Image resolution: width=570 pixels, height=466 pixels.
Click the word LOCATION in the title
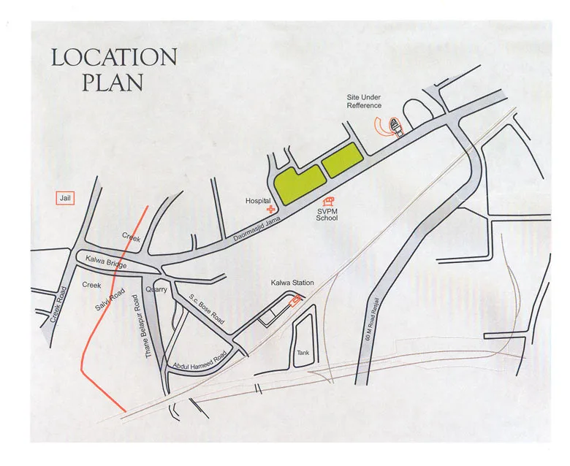pos(114,58)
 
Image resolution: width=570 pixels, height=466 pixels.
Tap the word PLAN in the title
pos(113,82)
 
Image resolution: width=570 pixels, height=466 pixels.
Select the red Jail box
pos(67,198)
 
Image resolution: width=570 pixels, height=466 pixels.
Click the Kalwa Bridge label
pos(103,259)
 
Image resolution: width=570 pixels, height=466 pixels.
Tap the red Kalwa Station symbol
pos(295,299)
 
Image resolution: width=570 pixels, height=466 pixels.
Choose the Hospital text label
pos(257,201)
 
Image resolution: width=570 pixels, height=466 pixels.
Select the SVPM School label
pos(327,214)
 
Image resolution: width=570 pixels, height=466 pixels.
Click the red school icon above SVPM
pos(330,201)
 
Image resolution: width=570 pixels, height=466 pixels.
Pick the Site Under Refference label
pos(365,102)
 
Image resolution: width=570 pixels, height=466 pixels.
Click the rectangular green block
pos(341,161)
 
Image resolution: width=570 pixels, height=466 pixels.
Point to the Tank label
pos(303,353)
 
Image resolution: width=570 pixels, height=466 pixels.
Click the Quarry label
pos(157,289)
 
